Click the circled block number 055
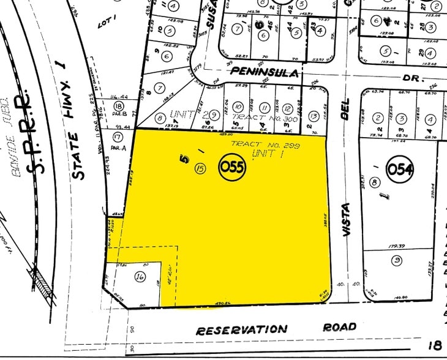tap(233, 167)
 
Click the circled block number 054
tap(400, 168)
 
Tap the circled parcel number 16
tap(140, 277)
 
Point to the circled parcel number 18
tap(119, 107)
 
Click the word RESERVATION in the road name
tap(241, 329)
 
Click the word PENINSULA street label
tap(266, 72)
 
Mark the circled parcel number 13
tap(313, 116)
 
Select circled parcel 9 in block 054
tap(397, 261)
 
